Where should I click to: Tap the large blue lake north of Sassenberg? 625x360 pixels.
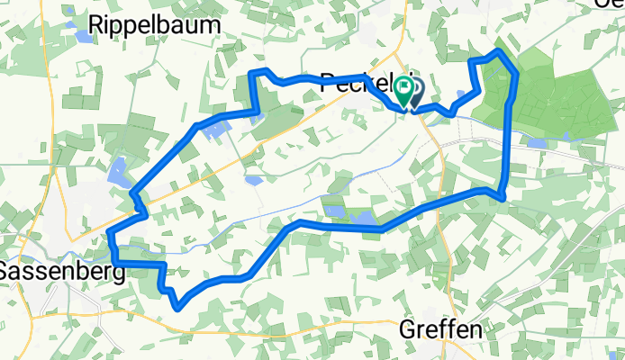click(118, 171)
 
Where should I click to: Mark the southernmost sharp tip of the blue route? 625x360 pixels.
click(178, 308)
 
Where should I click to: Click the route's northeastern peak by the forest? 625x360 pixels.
click(498, 53)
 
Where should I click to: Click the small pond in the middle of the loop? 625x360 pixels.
click(254, 179)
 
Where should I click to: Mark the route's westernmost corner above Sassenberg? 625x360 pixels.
click(109, 235)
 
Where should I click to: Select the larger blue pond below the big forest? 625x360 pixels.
click(538, 142)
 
